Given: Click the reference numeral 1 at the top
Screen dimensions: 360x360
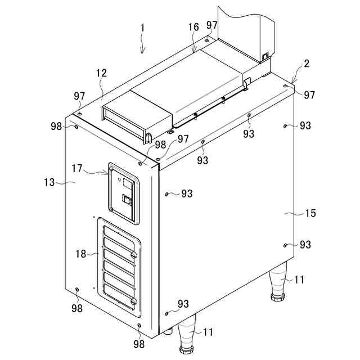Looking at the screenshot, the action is (x=142, y=26).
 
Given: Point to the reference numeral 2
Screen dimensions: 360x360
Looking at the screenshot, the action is (x=306, y=64).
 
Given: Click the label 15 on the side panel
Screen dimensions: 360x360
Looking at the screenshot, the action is (x=310, y=213).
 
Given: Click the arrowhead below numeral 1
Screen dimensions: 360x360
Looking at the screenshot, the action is (x=142, y=52).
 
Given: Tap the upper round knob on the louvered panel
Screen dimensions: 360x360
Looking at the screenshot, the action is (x=133, y=256).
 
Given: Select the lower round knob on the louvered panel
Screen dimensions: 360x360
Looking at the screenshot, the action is (x=133, y=302).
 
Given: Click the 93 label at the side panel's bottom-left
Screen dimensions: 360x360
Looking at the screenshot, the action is (x=183, y=304).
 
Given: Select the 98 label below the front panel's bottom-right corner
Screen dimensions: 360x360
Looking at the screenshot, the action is (x=139, y=343).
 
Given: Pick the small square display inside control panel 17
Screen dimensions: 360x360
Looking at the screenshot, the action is (x=128, y=183).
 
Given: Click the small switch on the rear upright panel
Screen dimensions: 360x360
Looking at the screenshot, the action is (x=265, y=56).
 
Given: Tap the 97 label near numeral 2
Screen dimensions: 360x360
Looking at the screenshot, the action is (x=309, y=95).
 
